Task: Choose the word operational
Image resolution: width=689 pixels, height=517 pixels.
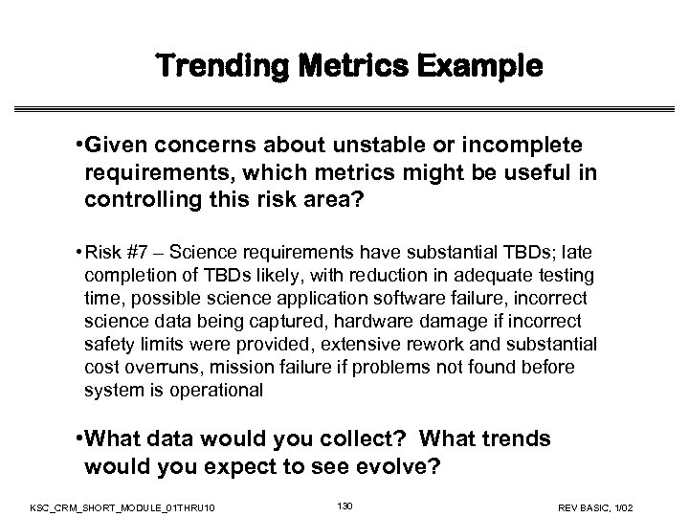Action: (226, 390)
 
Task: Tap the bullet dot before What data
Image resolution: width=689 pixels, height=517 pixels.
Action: (77, 438)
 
